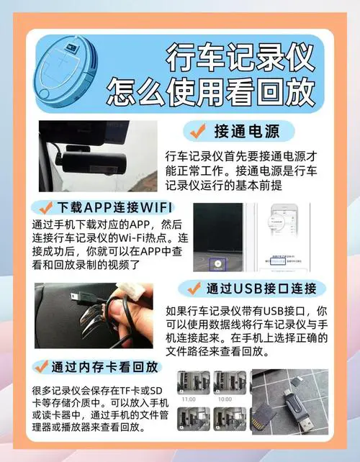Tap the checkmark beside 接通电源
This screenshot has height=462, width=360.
click(196, 131)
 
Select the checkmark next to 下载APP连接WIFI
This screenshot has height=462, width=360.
click(49, 208)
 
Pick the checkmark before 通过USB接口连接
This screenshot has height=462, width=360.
click(192, 289)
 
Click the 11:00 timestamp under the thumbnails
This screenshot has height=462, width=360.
click(189, 398)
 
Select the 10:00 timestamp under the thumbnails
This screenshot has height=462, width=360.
click(225, 398)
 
